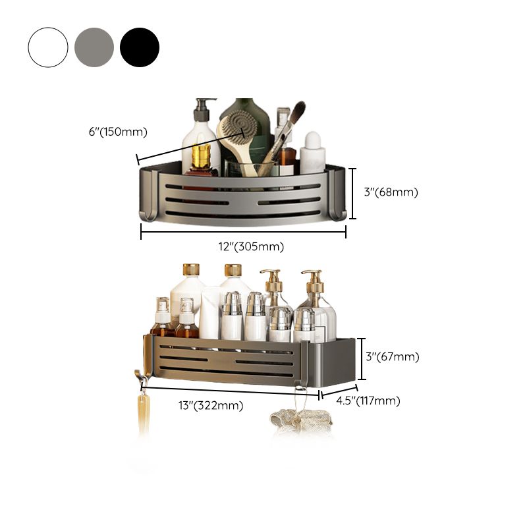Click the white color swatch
48,47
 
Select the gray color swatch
94,47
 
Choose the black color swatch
140,47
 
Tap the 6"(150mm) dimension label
118,132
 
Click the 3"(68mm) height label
391,192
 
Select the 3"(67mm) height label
392,357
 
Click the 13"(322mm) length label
211,406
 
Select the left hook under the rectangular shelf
141,379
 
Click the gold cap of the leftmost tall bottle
190,269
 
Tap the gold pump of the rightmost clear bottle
312,281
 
